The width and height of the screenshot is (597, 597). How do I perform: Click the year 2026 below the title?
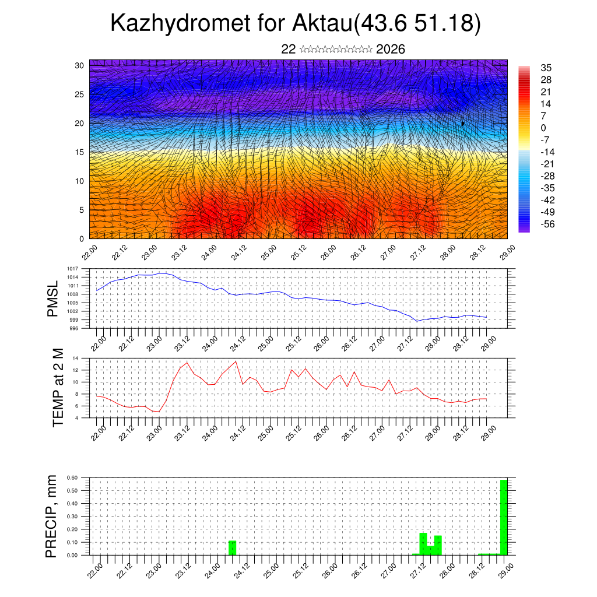tap(391, 50)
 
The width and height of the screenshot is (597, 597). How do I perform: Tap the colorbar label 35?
tap(546, 68)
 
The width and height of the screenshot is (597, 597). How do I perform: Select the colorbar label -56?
tap(549, 224)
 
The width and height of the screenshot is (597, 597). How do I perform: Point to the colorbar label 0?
tap(543, 128)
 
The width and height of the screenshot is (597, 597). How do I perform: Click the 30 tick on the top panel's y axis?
tap(79, 65)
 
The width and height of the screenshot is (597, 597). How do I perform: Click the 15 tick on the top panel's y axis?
tap(79, 152)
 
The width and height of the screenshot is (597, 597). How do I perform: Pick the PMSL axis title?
tap(52, 298)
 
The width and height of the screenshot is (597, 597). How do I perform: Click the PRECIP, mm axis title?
tap(52, 516)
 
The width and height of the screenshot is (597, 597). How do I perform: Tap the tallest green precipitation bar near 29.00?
tap(504, 517)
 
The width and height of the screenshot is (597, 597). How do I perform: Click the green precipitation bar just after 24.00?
tap(232, 547)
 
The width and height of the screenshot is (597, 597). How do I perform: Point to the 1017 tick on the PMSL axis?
tap(72, 269)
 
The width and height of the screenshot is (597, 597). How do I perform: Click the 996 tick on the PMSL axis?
tap(73, 328)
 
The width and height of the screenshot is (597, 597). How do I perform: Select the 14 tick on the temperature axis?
tap(76, 358)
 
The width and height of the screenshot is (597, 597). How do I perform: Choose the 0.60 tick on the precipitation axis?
tap(72, 477)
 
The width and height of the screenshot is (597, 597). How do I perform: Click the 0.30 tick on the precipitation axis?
tap(72, 516)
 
